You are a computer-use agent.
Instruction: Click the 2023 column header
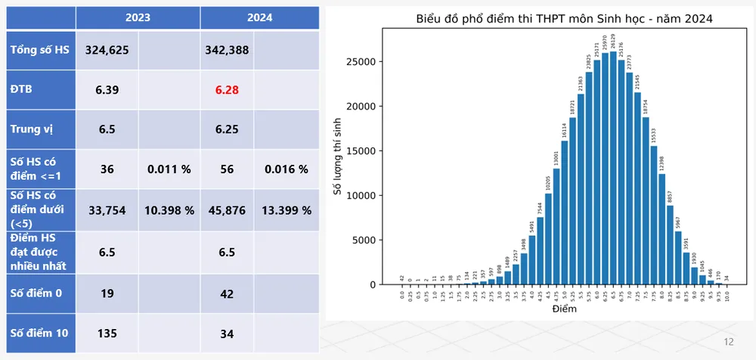pos(138,17)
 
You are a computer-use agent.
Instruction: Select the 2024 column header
pos(259,17)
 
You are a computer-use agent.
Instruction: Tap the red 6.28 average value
pos(227,90)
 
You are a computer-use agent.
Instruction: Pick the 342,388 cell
pos(227,51)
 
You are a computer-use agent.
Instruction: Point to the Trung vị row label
pos(31,129)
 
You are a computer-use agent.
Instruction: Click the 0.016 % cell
pos(287,169)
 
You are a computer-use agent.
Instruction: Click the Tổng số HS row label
pos(37,51)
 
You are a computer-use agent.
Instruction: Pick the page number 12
pos(729,342)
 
